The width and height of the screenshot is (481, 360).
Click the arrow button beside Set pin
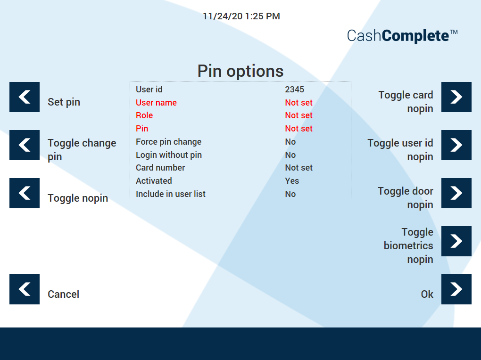[x=25, y=97]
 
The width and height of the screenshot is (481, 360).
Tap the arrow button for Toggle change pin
[x=25, y=145]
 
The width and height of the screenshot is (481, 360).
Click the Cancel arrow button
[x=25, y=289]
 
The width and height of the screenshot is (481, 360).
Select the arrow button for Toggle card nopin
[x=456, y=97]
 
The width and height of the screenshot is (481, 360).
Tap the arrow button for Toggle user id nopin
[x=456, y=145]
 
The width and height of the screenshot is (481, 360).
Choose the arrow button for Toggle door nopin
[x=456, y=193]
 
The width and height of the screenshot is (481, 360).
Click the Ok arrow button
[x=456, y=289]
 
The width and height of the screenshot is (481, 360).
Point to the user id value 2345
[x=294, y=90]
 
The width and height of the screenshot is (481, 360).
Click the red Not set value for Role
[x=299, y=115]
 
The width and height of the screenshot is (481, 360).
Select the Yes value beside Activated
[x=292, y=181]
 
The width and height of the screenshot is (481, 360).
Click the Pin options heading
[x=240, y=71]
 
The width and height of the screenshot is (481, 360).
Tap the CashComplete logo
[x=402, y=36]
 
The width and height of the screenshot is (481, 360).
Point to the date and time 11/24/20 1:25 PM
[x=241, y=16]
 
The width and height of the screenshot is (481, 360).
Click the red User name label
[x=156, y=103]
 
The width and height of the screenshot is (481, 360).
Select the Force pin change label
[x=168, y=142]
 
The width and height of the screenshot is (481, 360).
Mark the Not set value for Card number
[x=299, y=168]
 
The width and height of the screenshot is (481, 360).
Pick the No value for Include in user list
[x=290, y=194]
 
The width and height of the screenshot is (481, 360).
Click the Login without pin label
[x=169, y=155]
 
